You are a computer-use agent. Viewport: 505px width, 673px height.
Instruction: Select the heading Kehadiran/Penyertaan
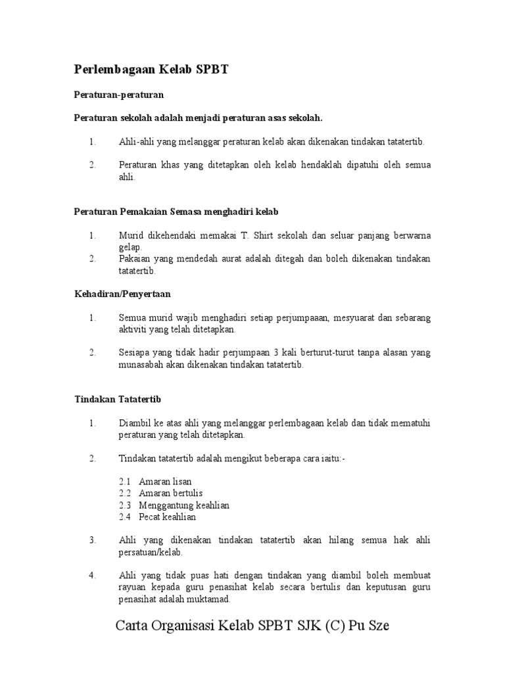[122, 293]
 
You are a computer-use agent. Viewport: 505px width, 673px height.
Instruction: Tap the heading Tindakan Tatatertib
[118, 399]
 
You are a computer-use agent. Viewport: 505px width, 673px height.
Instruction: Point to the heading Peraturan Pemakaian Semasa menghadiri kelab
[176, 212]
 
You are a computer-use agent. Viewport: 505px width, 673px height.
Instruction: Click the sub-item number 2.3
[126, 505]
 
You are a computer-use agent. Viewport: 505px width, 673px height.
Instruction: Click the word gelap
[130, 247]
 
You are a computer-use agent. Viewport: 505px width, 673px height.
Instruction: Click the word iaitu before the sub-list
[329, 457]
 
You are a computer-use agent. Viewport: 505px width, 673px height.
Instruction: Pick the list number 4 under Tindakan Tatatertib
[93, 576]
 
